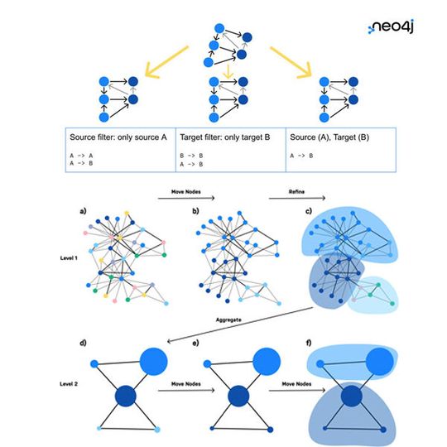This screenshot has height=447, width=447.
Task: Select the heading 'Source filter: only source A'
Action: click(x=118, y=135)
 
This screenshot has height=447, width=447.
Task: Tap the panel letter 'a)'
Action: click(x=84, y=213)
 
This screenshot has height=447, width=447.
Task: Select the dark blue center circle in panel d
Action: click(x=126, y=396)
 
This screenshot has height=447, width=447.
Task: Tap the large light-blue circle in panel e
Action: click(x=263, y=362)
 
